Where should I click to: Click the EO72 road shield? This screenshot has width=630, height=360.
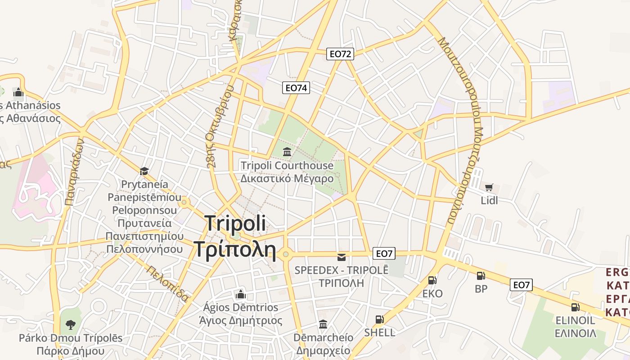click(340, 54)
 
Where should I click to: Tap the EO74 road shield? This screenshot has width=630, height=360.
click(296, 88)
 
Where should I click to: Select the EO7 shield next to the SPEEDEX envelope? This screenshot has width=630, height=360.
click(384, 254)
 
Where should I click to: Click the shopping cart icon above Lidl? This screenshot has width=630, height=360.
click(489, 187)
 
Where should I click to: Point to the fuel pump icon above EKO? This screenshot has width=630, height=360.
click(432, 280)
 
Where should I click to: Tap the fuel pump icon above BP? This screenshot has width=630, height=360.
click(481, 276)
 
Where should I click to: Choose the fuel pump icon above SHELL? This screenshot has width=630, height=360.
click(379, 319)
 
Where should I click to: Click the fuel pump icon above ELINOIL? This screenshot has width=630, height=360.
click(575, 307)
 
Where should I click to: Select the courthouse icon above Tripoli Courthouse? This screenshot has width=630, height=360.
click(287, 152)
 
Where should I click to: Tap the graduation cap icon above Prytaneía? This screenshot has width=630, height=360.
click(144, 171)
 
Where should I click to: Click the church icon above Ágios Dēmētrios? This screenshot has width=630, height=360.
click(241, 294)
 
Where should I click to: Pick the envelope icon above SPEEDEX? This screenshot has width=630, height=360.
click(342, 257)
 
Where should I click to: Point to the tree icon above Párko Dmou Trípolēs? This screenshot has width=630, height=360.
click(70, 324)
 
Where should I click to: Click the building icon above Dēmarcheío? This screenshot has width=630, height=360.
click(323, 324)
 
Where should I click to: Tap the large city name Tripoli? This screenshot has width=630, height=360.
click(235, 224)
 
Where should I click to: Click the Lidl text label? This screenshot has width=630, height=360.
click(489, 200)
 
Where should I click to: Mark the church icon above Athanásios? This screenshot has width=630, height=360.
click(18, 92)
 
